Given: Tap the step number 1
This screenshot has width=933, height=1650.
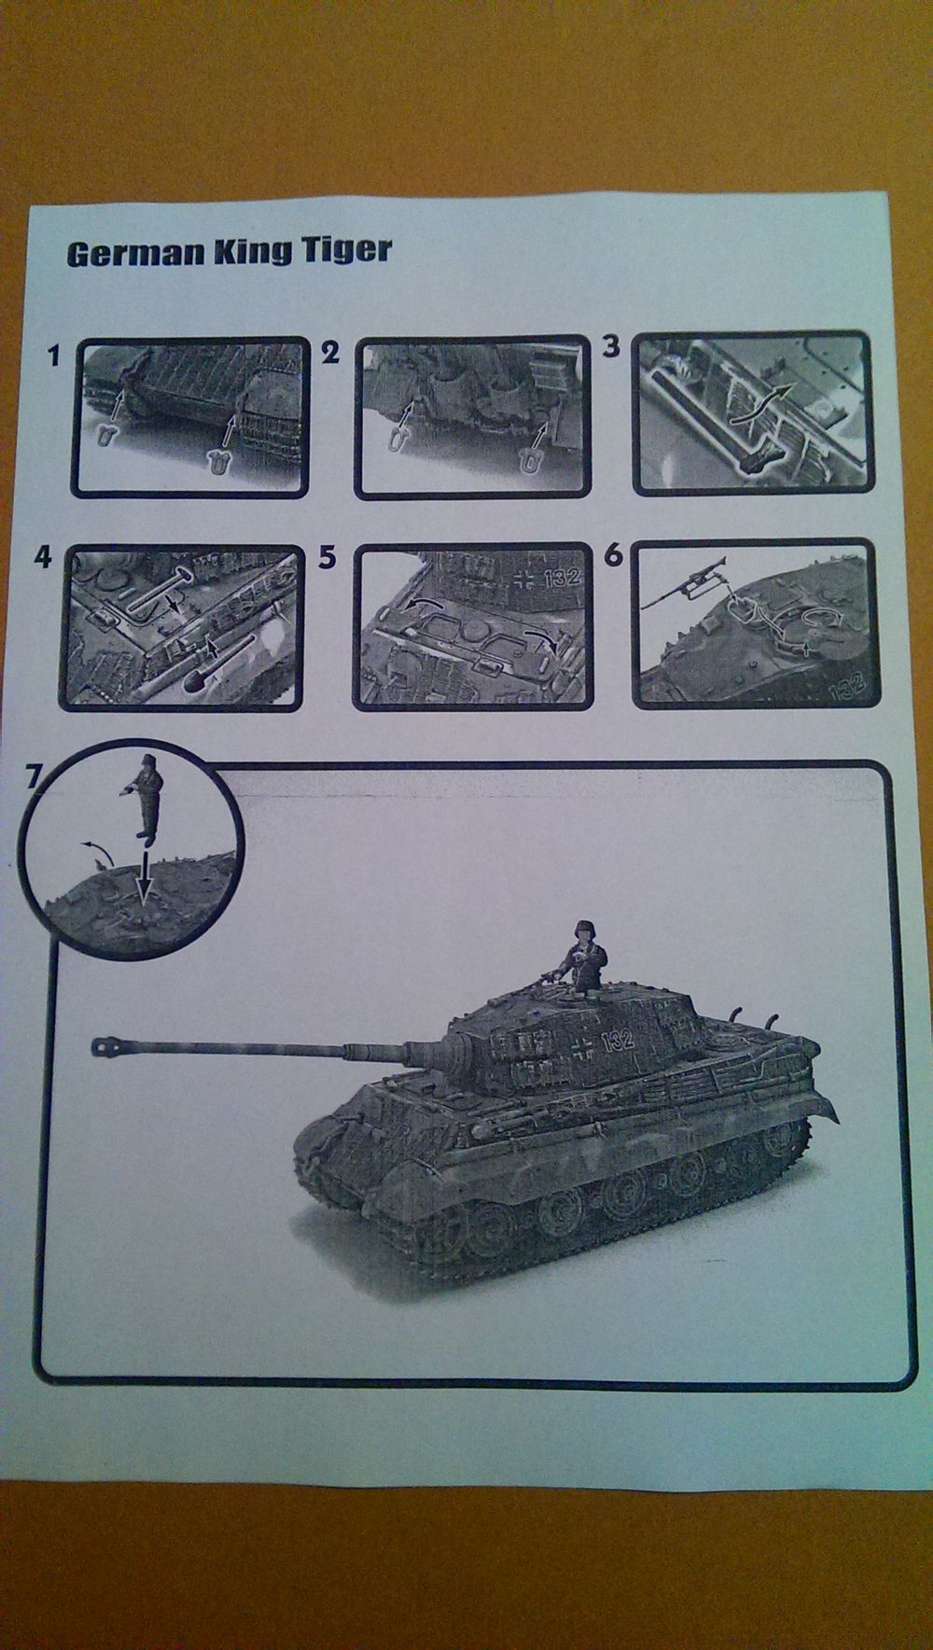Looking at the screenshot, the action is coord(55,355).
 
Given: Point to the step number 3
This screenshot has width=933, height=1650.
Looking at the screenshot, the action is coord(611,347).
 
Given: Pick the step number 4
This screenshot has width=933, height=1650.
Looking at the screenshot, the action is coord(42,558).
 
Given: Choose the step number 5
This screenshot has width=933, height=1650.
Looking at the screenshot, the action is coord(327,557).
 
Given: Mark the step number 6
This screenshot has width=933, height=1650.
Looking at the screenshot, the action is coord(613,555).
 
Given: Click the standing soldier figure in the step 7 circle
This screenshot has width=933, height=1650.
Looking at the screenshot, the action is coord(142,798).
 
